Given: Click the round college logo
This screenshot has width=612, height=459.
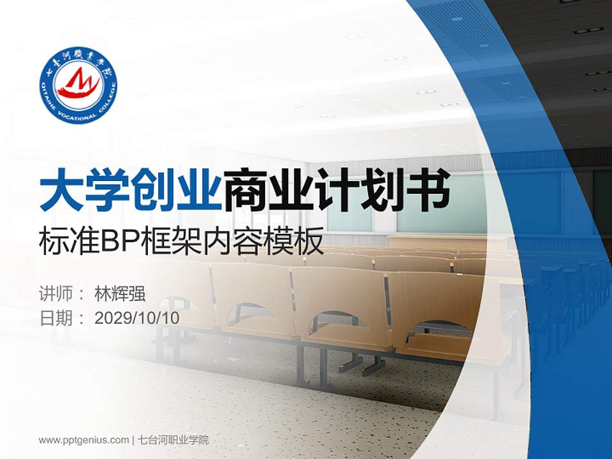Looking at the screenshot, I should pyautogui.click(x=78, y=85).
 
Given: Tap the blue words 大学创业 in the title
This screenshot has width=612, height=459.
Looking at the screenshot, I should pyautogui.click(x=131, y=189).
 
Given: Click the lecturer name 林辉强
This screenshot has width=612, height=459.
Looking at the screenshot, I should pyautogui.click(x=120, y=294).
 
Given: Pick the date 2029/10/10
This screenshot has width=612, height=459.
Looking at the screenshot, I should pyautogui.click(x=136, y=318).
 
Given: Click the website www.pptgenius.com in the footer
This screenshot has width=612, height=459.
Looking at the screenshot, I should pyautogui.click(x=84, y=440).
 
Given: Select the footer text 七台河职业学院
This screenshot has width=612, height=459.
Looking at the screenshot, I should pyautogui.click(x=173, y=440).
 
